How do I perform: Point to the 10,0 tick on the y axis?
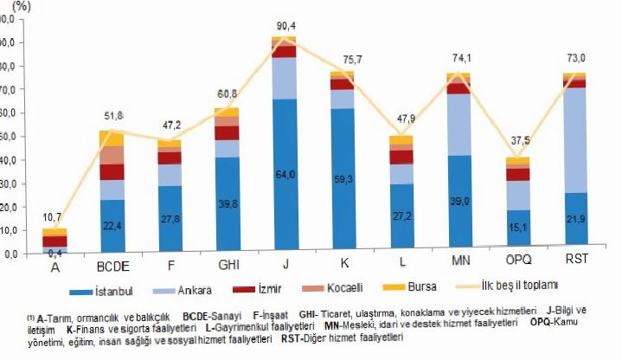click(x=9, y=231)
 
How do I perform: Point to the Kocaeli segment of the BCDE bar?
click(x=112, y=155)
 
